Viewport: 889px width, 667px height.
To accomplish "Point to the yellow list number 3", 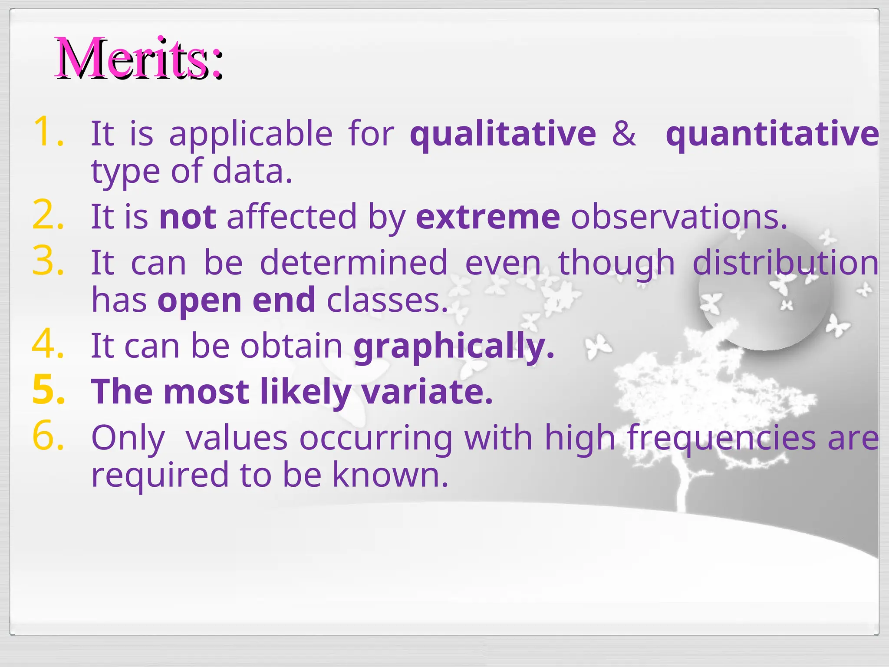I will [48, 261].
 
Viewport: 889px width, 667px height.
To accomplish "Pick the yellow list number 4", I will [48, 345].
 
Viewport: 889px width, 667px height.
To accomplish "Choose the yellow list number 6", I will [48, 436].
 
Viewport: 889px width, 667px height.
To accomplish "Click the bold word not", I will [188, 217].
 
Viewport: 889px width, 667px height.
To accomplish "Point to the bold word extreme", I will [487, 217].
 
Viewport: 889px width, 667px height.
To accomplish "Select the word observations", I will [678, 217].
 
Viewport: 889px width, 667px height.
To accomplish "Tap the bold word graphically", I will [453, 346].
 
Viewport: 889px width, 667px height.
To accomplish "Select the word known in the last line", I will [390, 475].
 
